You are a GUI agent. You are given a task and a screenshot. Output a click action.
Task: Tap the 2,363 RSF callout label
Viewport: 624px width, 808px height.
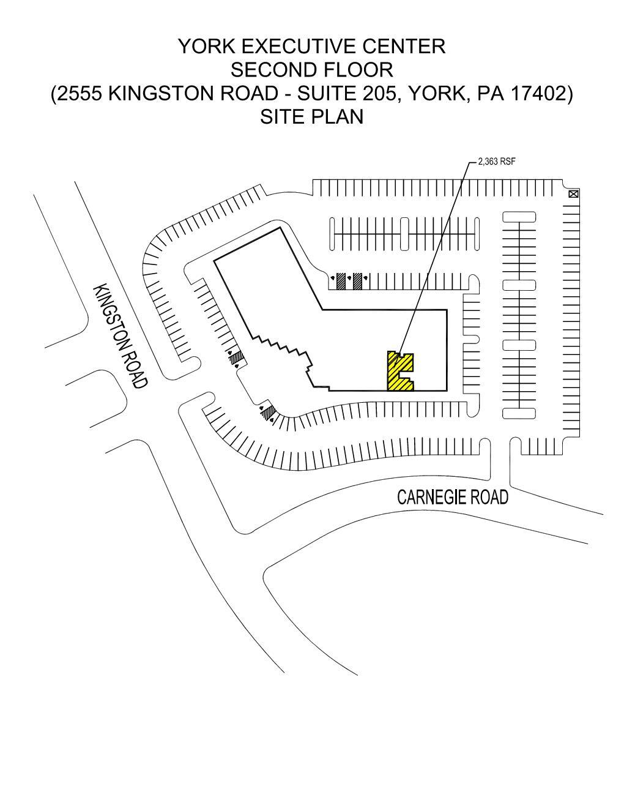click(497, 162)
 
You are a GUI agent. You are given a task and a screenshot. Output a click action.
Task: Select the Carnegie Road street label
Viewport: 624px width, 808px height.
click(453, 497)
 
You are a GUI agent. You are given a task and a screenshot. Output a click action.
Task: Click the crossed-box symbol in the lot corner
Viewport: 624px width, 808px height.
click(573, 195)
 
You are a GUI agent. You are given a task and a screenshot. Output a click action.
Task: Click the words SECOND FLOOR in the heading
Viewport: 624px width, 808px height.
click(311, 70)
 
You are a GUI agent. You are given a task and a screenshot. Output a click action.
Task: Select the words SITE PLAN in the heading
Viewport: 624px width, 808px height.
click(311, 116)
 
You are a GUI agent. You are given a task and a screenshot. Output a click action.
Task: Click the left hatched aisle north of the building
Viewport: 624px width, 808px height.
click(342, 280)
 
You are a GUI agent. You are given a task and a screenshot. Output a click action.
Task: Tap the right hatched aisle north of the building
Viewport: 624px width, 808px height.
click(358, 280)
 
